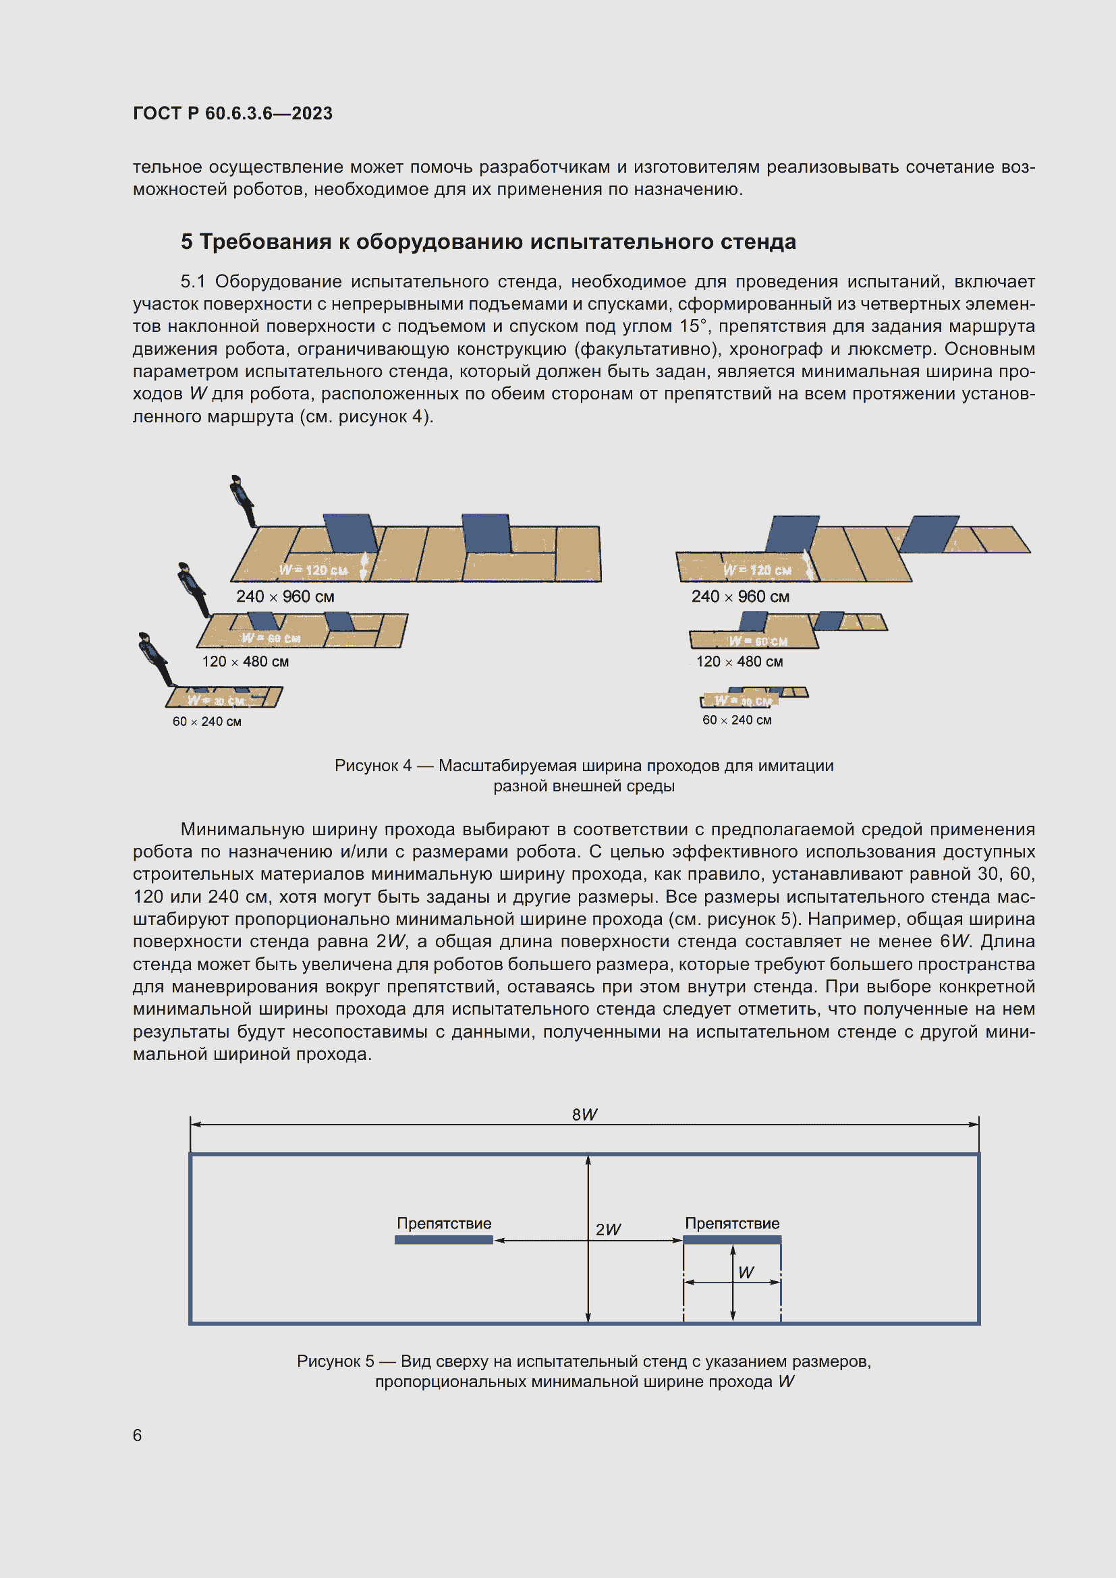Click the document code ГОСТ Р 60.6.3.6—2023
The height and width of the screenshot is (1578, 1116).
tap(232, 113)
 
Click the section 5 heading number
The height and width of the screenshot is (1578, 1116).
tap(186, 242)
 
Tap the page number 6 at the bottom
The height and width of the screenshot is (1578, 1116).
tap(138, 1435)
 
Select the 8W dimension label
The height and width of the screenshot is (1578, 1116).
tap(584, 1114)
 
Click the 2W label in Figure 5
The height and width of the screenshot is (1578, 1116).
tap(607, 1230)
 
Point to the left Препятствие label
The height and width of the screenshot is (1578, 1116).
tap(444, 1223)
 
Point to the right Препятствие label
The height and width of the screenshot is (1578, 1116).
tap(732, 1223)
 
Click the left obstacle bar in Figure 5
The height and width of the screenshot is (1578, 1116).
tap(444, 1240)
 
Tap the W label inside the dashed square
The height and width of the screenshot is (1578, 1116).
tap(746, 1273)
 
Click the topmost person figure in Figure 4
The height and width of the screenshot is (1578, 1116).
tap(243, 500)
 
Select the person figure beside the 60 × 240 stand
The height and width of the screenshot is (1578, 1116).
tap(155, 658)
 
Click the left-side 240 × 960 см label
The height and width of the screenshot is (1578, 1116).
tap(285, 596)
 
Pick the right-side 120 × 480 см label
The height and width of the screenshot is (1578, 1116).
tap(740, 662)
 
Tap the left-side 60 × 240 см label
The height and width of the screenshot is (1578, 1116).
tap(207, 722)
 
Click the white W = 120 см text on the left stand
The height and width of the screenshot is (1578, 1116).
tap(312, 571)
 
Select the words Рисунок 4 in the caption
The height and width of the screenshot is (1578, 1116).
tap(373, 766)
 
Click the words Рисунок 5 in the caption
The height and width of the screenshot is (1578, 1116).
tap(335, 1361)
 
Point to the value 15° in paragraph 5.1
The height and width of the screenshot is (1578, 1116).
tap(659, 327)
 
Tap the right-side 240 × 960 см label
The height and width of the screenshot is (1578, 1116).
tap(740, 596)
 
